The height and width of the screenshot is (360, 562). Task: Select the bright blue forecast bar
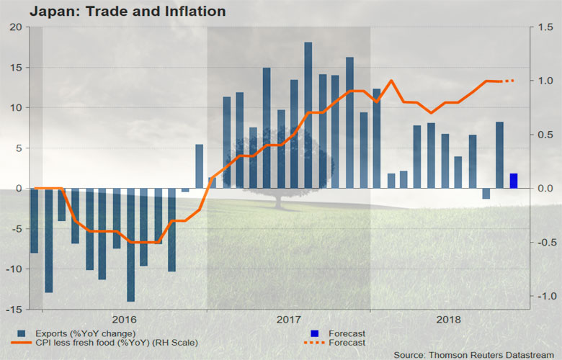[514, 181]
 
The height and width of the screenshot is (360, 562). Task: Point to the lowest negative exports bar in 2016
[130, 245]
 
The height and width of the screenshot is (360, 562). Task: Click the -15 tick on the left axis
[16, 310]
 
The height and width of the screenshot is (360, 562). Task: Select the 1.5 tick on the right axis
[546, 27]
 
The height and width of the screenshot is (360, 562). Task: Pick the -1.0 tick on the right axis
[545, 296]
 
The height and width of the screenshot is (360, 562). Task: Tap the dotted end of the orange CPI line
[508, 81]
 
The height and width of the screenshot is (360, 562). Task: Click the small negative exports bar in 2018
[486, 193]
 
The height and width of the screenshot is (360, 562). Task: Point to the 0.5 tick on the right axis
[546, 135]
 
